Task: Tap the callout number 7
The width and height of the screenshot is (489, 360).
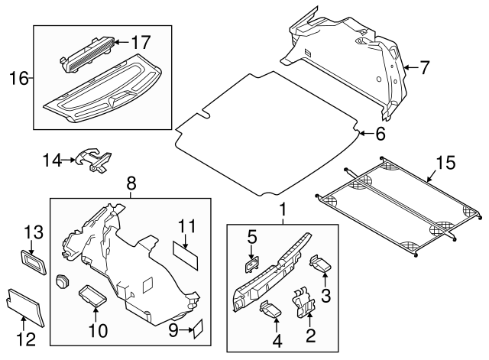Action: click(424, 68)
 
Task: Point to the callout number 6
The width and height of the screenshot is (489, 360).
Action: click(380, 134)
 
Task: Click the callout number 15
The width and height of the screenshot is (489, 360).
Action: click(445, 163)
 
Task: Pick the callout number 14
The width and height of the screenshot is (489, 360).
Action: click(51, 160)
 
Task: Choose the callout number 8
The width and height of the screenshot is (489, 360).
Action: click(131, 183)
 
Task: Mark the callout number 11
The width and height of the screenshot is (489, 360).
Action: click(187, 226)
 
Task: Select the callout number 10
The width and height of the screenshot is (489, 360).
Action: click(99, 330)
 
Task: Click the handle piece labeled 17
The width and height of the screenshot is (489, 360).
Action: click(86, 52)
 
